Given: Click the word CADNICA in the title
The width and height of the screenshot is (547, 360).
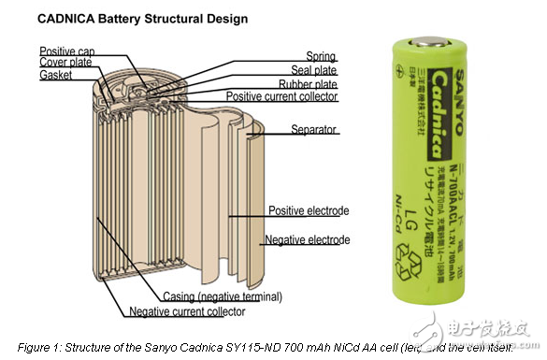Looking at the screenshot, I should [x=66, y=17].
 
